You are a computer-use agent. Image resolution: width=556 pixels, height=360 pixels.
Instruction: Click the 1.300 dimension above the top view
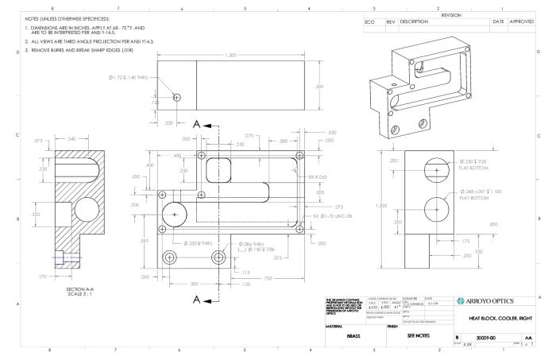(230, 55)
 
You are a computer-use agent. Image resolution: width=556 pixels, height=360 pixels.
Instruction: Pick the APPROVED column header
(522, 21)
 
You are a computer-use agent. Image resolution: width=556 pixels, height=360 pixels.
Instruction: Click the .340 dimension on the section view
(72, 140)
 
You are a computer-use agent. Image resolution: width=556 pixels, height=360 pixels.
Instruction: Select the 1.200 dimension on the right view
(385, 206)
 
